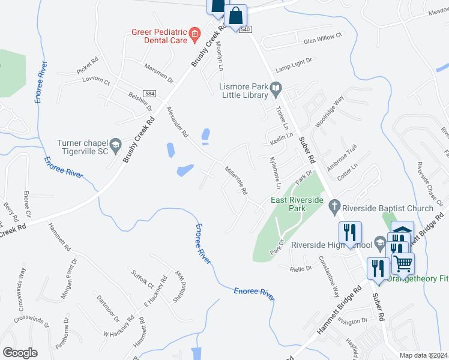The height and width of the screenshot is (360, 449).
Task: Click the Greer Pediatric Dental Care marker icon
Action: pyautogui.click(x=194, y=34)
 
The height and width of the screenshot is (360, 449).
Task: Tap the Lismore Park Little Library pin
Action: pyautogui.click(x=276, y=89)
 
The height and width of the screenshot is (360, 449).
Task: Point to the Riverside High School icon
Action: pyautogui.click(x=379, y=244)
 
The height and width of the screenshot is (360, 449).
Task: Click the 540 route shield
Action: pyautogui.click(x=246, y=29)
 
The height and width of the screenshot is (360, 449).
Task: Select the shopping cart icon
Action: pyautogui.click(x=403, y=262)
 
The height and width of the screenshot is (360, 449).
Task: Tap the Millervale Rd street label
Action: pyautogui.click(x=236, y=181)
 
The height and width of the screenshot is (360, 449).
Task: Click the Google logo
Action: pyautogui.click(x=20, y=352)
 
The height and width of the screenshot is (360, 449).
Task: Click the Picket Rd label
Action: pyautogui.click(x=88, y=65)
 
